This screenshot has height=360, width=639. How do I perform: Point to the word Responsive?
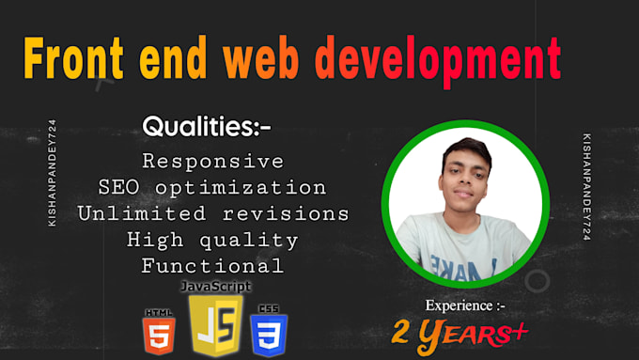[212, 161]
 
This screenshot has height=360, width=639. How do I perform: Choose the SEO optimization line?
[212, 187]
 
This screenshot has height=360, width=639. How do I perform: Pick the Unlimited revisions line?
[213, 213]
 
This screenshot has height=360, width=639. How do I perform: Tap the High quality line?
[212, 240]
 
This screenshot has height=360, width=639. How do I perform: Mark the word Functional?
[212, 266]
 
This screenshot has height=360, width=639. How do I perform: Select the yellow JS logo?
[216, 323]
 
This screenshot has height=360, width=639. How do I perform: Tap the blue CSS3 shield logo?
[269, 332]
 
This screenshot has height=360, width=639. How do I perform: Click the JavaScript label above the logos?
[216, 285]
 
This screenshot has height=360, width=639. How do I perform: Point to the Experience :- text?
[466, 305]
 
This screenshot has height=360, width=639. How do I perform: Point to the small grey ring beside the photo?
[537, 280]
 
